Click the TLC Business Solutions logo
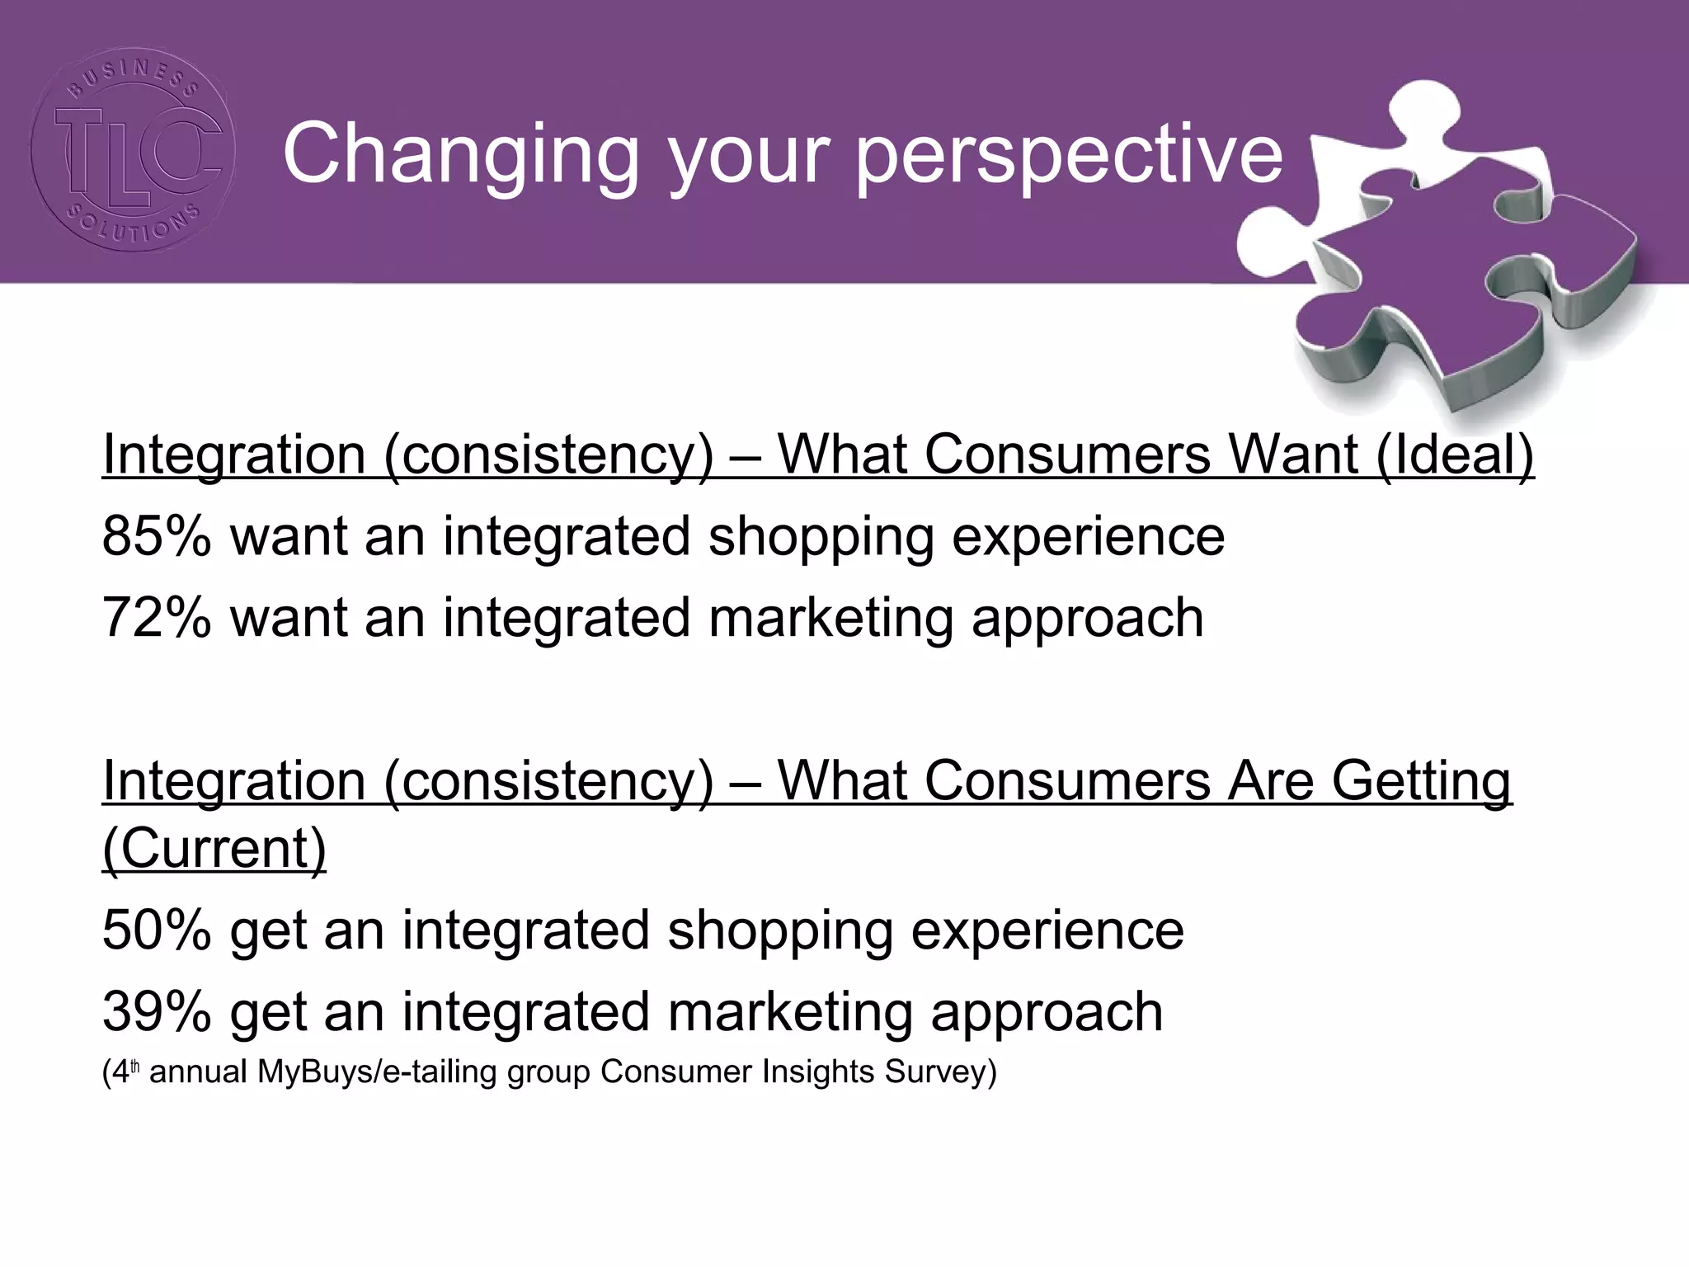133,149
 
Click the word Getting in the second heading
1422,780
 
